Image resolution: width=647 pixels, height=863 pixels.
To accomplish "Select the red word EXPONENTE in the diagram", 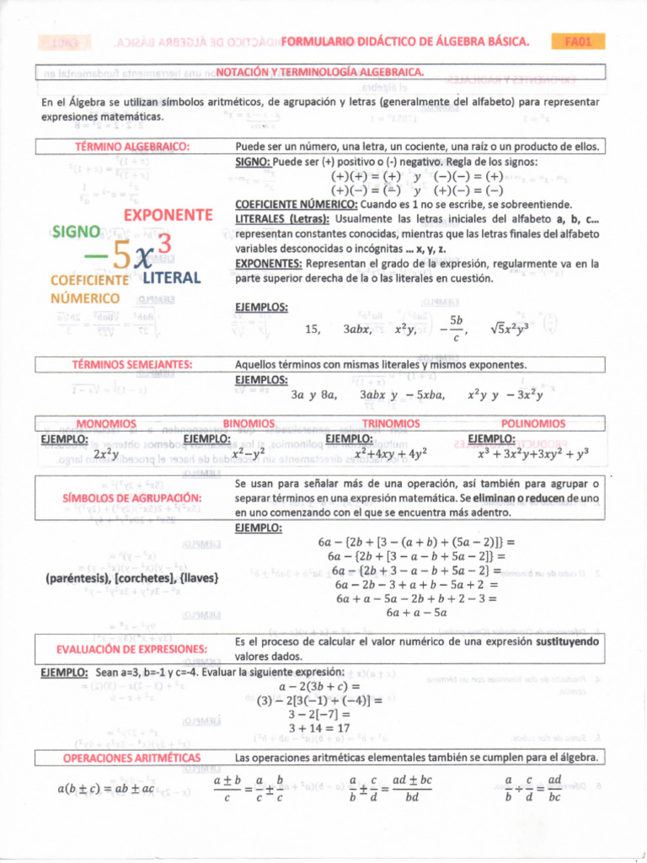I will (168, 215).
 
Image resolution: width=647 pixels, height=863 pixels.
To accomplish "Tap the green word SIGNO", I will (77, 232).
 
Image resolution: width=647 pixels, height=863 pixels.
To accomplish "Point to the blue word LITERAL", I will (171, 277).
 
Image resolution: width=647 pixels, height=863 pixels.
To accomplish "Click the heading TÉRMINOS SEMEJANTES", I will (131, 365).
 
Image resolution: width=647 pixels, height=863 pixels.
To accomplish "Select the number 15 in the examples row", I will (312, 330).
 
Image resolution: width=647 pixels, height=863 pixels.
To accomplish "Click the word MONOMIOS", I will (106, 423).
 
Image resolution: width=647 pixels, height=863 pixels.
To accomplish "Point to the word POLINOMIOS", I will (533, 423).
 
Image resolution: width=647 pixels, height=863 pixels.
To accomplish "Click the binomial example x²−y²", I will (249, 453).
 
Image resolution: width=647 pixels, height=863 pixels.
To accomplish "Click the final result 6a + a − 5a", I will (416, 613).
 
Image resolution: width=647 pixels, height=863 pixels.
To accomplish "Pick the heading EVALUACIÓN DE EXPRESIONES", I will (132, 649).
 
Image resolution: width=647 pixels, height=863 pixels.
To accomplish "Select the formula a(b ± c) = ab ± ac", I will (106, 789).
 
